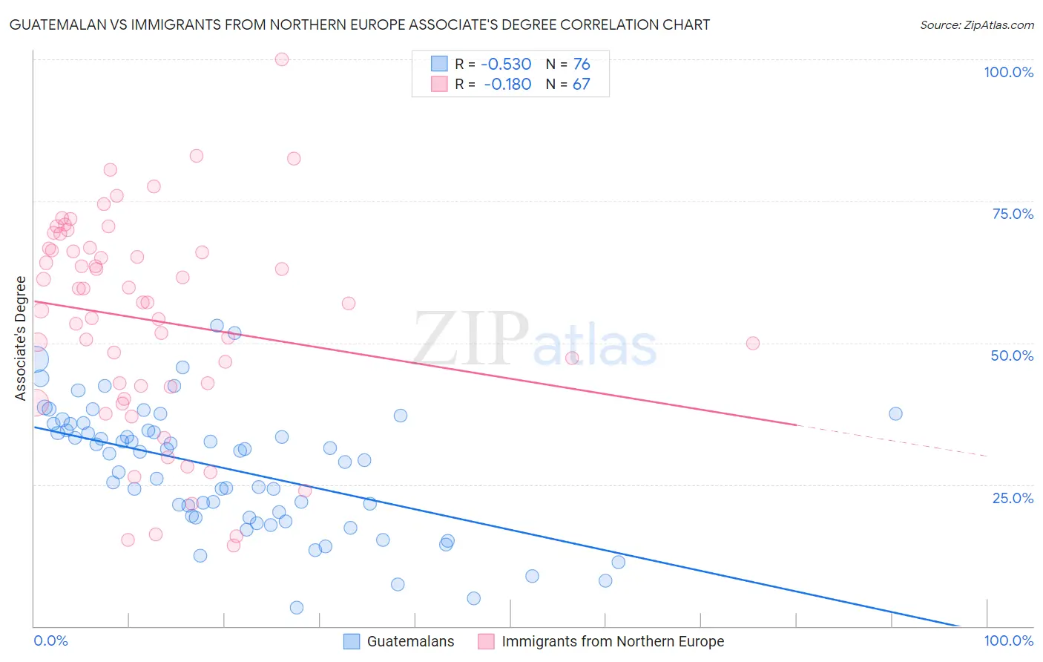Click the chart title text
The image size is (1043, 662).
[x=360, y=24]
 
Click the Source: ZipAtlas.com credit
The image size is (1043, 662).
[x=976, y=24]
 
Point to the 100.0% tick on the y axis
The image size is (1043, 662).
[x=1008, y=72]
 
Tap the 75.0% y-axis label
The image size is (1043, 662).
[x=1013, y=214]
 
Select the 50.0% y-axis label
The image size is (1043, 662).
[x=1012, y=355]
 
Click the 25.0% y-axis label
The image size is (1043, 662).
[x=1013, y=498]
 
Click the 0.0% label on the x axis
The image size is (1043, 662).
[x=50, y=640]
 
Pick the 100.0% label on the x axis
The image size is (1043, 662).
[x=1008, y=640]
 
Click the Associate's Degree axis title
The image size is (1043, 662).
[x=21, y=338]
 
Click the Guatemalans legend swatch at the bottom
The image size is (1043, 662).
[x=352, y=641]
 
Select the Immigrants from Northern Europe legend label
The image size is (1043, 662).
[x=612, y=641]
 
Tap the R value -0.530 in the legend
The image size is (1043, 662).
[x=507, y=65]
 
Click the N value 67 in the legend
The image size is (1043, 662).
[x=581, y=85]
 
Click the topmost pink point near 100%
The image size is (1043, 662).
[x=282, y=59]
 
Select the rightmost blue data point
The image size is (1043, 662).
[x=895, y=413]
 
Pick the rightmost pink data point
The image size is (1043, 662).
[x=753, y=343]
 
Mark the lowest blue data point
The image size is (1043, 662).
[x=297, y=608]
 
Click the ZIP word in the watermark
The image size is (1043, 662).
[x=470, y=338]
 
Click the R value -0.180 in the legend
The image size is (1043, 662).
[x=507, y=85]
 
